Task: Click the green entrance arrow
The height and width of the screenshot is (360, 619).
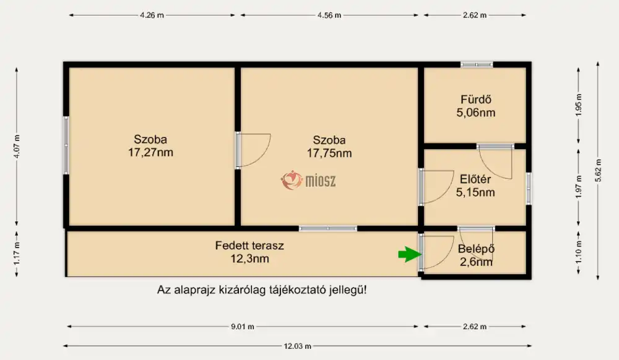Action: click(410, 254)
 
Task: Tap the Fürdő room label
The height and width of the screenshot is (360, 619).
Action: click(475, 100)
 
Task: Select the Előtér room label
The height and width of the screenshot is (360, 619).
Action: click(475, 179)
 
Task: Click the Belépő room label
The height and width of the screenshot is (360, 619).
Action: click(476, 249)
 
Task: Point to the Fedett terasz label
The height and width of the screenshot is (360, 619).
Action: click(249, 246)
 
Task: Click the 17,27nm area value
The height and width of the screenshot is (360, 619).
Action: click(150, 153)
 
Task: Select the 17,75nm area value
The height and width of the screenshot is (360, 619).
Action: click(329, 153)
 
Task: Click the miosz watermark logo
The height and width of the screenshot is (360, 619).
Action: click(308, 180)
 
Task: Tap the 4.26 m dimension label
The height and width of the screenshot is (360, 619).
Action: click(152, 15)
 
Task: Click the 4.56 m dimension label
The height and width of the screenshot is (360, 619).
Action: click(329, 15)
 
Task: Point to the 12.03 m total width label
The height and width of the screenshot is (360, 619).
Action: click(297, 346)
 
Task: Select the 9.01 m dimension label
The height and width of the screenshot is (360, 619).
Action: click(243, 327)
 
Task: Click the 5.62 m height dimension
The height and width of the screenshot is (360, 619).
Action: click(598, 170)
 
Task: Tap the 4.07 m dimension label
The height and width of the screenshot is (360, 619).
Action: click(17, 146)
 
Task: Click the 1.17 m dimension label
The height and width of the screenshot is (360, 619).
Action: click(17, 254)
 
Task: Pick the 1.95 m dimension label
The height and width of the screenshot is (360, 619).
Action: click(579, 105)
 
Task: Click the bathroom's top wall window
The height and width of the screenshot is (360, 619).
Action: click(477, 64)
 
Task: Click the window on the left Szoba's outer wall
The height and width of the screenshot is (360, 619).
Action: click(66, 145)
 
